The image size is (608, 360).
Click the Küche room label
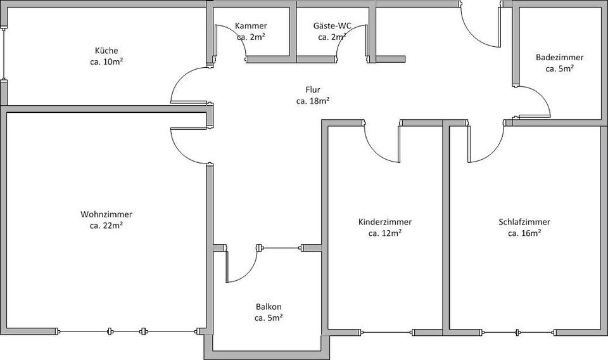tap(106, 51)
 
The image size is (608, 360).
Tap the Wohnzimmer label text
tap(106, 214)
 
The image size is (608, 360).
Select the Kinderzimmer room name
tap(385, 222)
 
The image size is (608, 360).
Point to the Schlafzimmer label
tap(524, 222)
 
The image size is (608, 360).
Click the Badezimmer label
tap(559, 57)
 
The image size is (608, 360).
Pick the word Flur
tap(313, 90)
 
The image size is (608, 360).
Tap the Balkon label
tap(269, 306)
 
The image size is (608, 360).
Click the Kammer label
tap(251, 26)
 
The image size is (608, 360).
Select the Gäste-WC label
tap(332, 26)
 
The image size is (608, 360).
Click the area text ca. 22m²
tap(106, 226)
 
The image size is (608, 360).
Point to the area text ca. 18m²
tap(313, 101)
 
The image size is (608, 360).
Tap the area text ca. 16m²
tap(524, 234)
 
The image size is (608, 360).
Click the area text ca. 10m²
tap(106, 62)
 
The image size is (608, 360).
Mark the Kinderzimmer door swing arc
tap(377, 151)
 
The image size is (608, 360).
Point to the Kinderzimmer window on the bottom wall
tap(386, 331)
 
